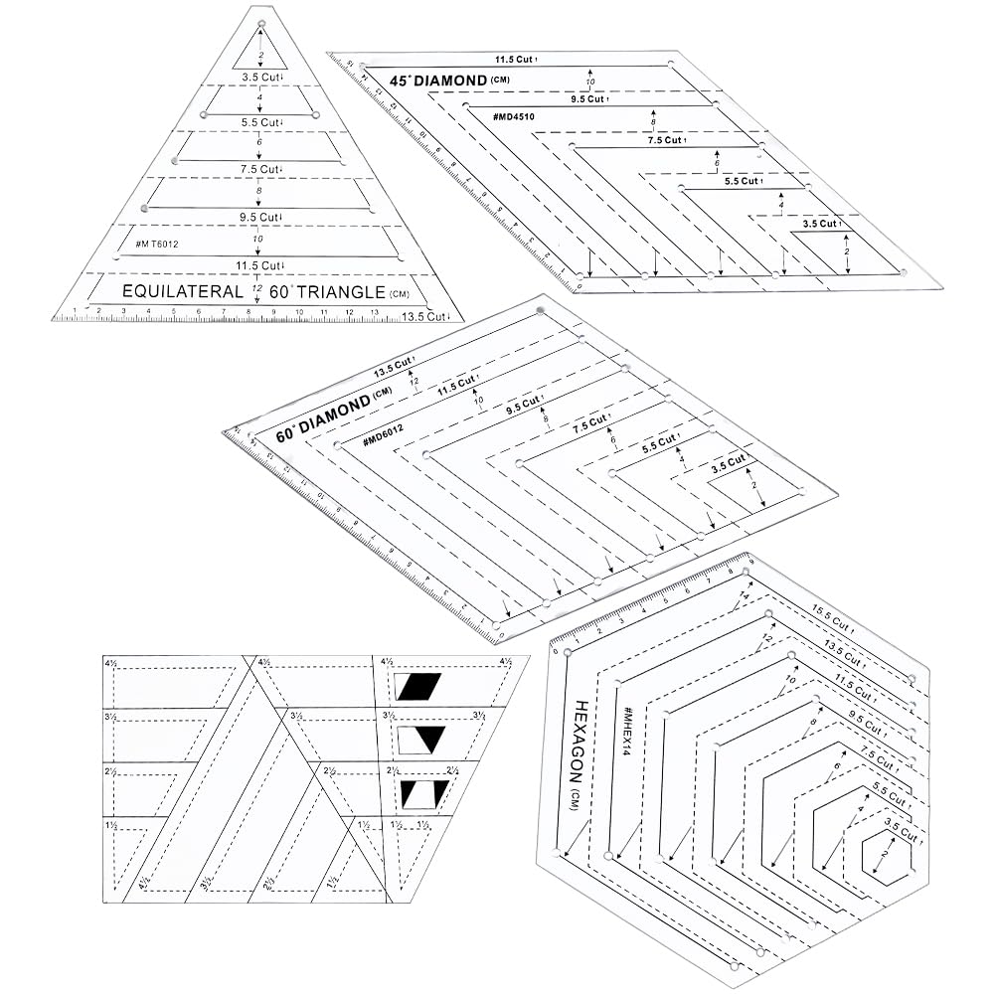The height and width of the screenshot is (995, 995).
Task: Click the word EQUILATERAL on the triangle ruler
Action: click(182, 292)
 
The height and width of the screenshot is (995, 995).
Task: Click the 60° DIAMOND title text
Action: click(319, 414)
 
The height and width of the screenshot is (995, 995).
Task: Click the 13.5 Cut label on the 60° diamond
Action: click(393, 372)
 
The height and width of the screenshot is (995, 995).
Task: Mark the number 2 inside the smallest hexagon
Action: click(882, 853)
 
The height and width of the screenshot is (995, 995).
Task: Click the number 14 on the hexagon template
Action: click(743, 597)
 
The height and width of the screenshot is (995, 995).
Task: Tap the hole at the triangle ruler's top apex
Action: click(261, 21)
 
